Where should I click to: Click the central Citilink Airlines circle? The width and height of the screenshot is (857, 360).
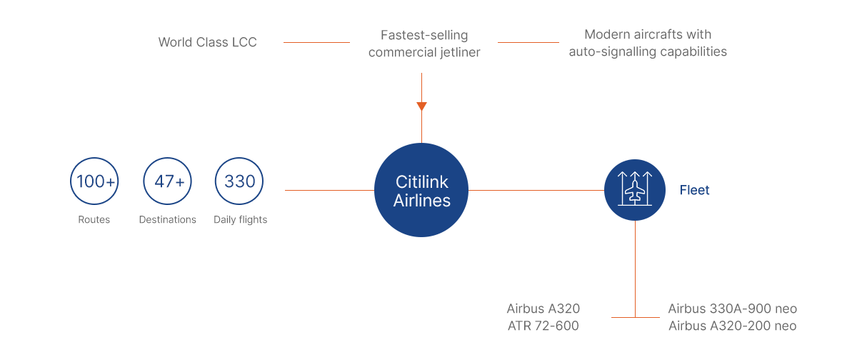[421, 190]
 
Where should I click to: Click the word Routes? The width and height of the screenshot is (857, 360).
[94, 219]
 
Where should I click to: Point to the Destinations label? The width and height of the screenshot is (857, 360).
[168, 219]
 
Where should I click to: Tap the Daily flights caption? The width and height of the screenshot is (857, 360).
[240, 220]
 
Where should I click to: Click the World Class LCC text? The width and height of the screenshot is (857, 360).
[207, 42]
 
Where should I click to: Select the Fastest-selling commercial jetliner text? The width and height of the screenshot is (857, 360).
[424, 44]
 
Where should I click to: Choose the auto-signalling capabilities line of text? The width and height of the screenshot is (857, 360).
[648, 51]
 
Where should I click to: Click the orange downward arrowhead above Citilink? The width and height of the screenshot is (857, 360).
[421, 106]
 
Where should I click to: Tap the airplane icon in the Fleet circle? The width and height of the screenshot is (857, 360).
[635, 190]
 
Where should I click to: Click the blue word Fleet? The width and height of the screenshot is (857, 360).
[694, 190]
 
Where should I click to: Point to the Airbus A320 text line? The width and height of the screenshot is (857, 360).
[543, 309]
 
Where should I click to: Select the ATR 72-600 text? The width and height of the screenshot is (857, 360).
[543, 326]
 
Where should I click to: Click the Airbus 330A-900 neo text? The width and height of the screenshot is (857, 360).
[732, 309]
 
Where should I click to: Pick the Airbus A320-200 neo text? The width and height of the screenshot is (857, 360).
[732, 326]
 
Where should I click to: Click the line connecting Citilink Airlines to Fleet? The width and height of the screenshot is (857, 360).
[536, 190]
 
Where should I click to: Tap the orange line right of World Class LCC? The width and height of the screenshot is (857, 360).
[316, 42]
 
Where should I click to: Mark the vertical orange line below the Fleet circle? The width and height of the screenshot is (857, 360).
[635, 269]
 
